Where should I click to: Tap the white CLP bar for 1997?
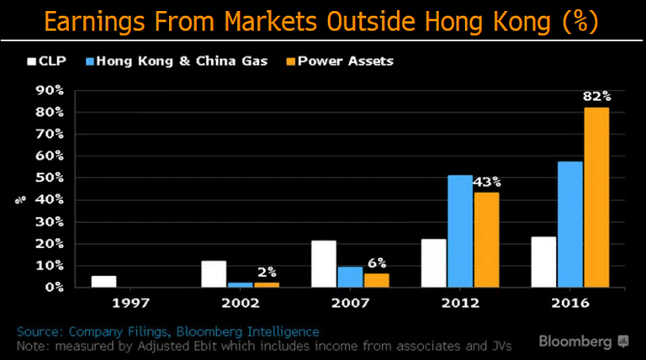coord(103,281)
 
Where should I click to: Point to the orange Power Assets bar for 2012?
coord(487,240)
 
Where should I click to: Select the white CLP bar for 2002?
coord(214,273)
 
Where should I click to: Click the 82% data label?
coord(596,97)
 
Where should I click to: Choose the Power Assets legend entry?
coord(347,61)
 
